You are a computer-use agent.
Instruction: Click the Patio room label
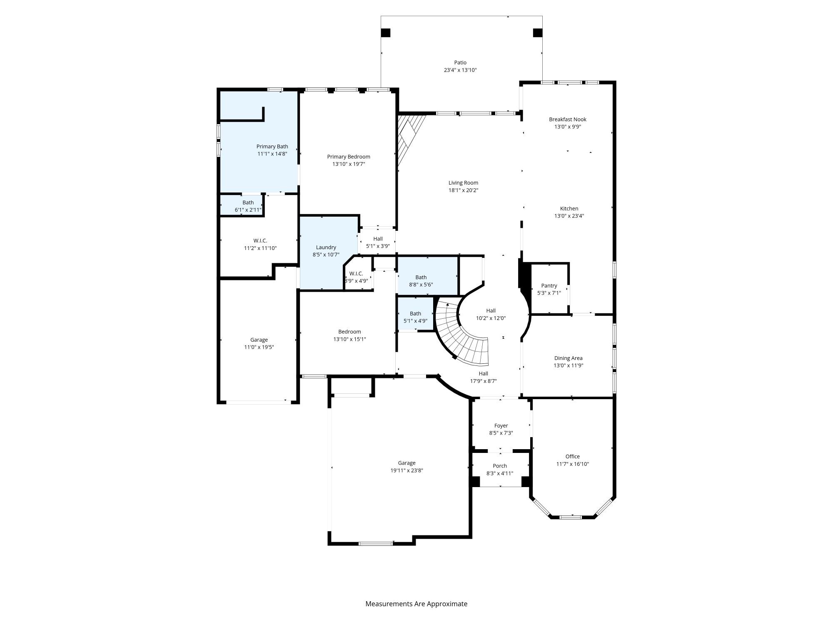460,62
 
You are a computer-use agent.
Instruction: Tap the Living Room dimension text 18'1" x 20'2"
463,190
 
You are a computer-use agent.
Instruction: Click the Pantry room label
549,285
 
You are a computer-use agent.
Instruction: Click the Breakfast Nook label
567,119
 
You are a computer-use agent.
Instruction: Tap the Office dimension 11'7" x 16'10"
572,464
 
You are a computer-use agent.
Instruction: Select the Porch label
499,466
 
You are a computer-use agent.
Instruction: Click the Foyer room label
501,425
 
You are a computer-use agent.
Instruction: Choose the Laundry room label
326,247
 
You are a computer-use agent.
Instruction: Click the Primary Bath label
272,146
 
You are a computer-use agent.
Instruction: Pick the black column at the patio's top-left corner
386,32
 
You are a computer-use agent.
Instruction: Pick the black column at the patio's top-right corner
538,32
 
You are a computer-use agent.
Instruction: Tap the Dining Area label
568,358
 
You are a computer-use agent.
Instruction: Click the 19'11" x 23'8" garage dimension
407,470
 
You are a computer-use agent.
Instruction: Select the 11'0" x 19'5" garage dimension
259,347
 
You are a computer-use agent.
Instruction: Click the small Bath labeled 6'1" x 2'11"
248,206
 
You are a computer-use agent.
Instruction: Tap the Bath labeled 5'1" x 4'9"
415,317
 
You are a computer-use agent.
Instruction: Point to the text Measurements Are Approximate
416,604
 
